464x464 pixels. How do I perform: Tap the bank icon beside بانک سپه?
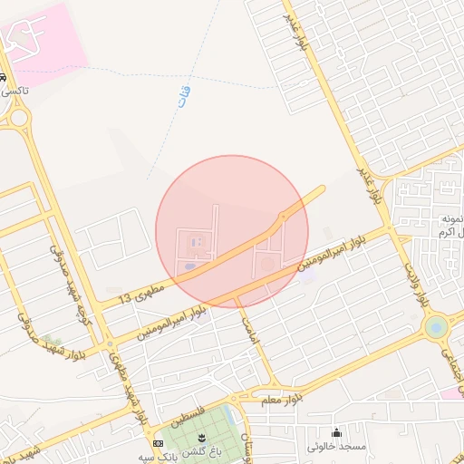(159, 443)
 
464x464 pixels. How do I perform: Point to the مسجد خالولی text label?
(336, 447)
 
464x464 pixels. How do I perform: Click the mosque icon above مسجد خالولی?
(337, 432)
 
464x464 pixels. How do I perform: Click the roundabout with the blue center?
(437, 326)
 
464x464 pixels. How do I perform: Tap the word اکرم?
(449, 234)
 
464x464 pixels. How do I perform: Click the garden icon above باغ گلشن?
(201, 438)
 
